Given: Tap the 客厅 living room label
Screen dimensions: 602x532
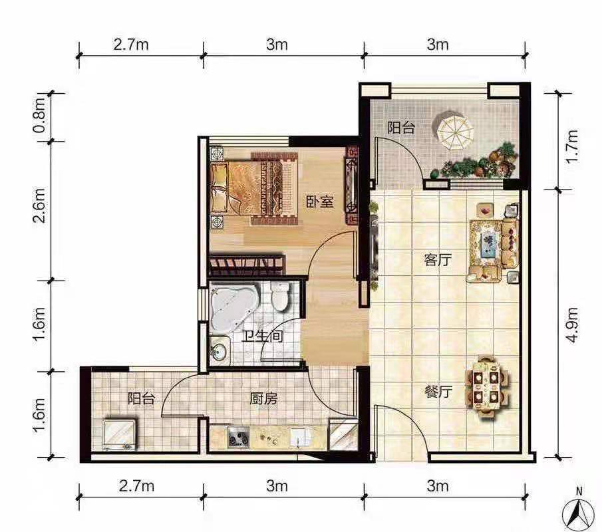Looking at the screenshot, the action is pos(438,260).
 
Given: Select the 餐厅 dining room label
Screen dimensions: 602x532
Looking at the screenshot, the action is pos(438,392).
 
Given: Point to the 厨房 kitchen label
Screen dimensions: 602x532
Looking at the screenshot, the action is pos(263,399).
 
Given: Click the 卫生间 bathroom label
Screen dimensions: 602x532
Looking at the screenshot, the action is pos(262,336).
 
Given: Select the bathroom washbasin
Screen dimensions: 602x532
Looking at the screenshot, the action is pos(220,349).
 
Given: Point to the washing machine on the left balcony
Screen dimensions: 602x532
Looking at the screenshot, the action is pos(119,435).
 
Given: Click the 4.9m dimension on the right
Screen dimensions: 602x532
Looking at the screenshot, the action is pos(573,325).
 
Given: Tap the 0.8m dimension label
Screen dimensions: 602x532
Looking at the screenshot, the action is pos(39,116).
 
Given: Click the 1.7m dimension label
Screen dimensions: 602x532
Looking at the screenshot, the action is pos(573,146).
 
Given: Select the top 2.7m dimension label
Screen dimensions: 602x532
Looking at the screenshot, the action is pos(131,45).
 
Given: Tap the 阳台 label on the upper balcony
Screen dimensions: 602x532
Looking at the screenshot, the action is pos(401,128).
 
